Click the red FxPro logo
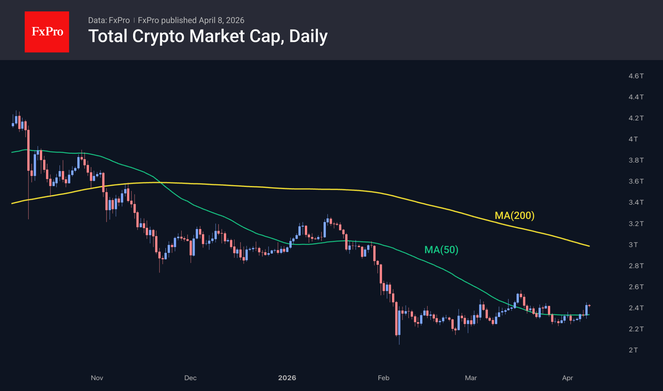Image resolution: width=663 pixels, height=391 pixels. pos(47,32)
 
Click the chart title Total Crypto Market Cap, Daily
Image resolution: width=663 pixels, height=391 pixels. pos(208,36)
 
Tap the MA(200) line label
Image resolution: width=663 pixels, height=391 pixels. pos(514,215)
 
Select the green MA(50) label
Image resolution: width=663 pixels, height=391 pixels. pos(441,250)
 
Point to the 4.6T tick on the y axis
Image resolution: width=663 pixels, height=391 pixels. pos(636,76)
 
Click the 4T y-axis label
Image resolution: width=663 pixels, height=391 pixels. pos(633,139)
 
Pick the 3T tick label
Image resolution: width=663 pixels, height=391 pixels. pos(633,245)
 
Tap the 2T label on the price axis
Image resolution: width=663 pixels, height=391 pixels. pos(633,350)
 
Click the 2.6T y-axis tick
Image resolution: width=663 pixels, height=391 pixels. pos(636,287)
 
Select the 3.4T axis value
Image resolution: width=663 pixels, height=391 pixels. pos(636,202)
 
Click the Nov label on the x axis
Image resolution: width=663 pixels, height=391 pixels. pos(97,378)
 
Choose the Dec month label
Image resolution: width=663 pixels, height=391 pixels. pos(190,378)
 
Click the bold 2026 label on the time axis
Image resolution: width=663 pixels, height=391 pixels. pos(287,378)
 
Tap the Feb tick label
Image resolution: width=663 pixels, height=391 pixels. pos(383,378)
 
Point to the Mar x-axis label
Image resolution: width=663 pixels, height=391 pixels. pos(471,378)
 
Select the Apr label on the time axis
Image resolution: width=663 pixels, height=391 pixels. pos(568,378)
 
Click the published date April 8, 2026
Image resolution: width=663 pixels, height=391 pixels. pos(221,20)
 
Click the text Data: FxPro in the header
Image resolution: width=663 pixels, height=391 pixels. pos(109,20)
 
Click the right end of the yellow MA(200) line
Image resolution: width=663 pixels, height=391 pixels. pos(589,246)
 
